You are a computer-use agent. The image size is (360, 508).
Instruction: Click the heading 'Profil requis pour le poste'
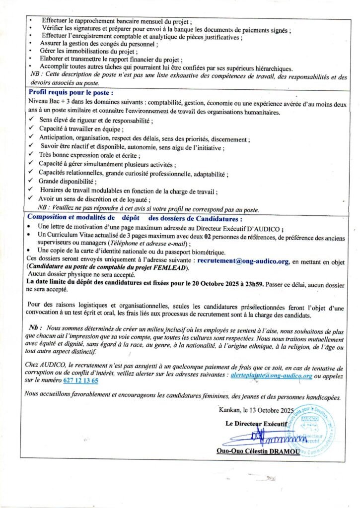click(x=71, y=93)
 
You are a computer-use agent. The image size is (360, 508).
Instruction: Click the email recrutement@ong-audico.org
click(x=243, y=259)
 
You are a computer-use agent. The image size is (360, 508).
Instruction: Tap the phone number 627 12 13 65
click(x=81, y=381)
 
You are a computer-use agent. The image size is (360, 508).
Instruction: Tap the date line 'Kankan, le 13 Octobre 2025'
click(x=256, y=410)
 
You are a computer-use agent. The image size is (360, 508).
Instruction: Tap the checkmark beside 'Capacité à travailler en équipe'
click(x=31, y=128)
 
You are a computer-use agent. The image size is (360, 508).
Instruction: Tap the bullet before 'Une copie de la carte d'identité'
click(x=31, y=251)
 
